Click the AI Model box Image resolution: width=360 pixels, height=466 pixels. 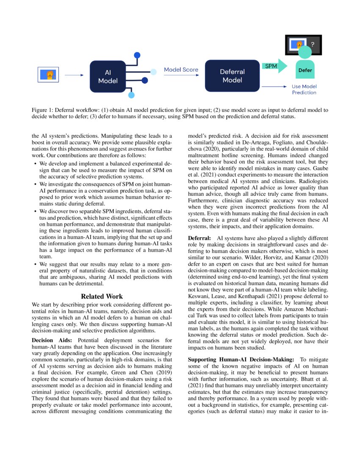(x=108, y=76)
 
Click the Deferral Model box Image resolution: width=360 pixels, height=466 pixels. (x=232, y=76)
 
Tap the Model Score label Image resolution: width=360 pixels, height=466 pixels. (x=181, y=69)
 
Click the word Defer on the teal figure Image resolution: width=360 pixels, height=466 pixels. (x=305, y=70)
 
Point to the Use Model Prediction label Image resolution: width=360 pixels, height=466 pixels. (x=304, y=89)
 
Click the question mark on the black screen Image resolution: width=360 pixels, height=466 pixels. (x=313, y=44)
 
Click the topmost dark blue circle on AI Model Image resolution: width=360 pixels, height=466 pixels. (x=137, y=55)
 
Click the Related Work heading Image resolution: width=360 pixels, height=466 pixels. (x=102, y=296)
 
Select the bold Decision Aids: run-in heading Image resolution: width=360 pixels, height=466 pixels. (x=53, y=340)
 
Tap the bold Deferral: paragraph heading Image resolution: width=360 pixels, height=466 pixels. (x=200, y=239)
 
